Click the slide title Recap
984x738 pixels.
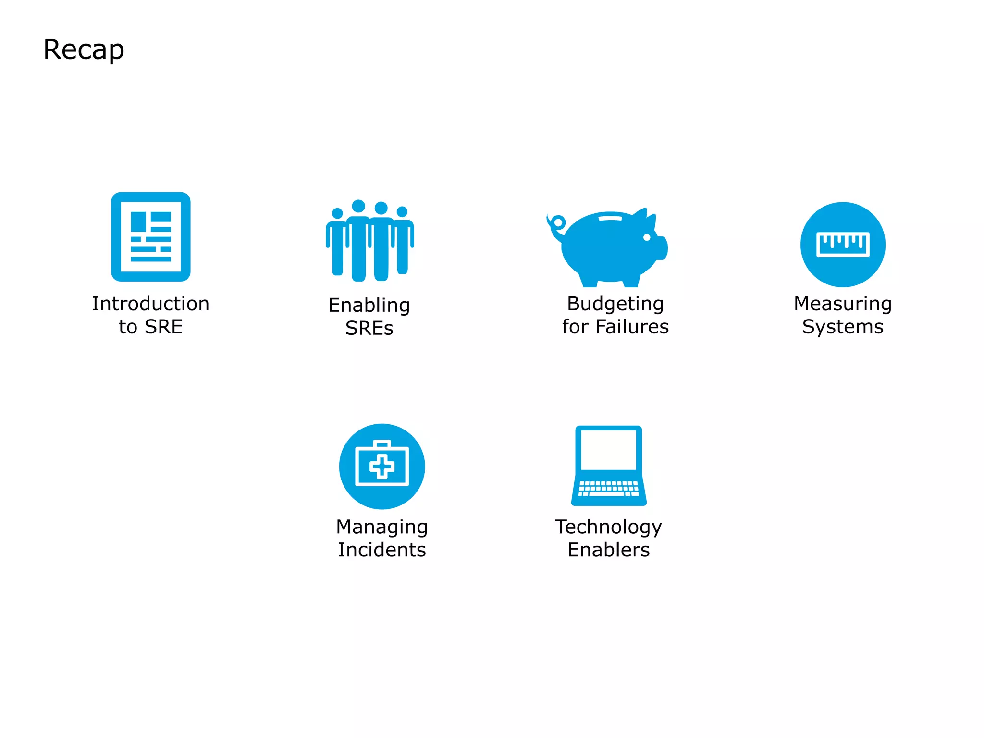(x=84, y=49)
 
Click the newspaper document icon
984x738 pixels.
(x=150, y=236)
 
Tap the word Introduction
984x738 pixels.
(x=150, y=304)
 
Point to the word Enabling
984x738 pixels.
(x=369, y=306)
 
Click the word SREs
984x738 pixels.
(x=369, y=329)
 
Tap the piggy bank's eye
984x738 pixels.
(x=647, y=237)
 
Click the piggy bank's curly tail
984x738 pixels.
(x=556, y=225)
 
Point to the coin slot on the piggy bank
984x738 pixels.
(x=610, y=218)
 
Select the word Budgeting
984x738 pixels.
(x=615, y=304)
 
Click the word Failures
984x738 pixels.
(x=632, y=327)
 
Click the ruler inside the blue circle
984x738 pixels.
(x=843, y=244)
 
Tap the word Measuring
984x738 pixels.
(x=843, y=304)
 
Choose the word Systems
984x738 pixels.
(x=843, y=327)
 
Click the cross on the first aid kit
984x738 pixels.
(x=382, y=466)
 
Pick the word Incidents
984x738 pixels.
(x=382, y=550)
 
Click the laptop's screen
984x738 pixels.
(x=609, y=450)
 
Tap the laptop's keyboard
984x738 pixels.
(x=609, y=489)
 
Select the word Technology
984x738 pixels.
(x=609, y=527)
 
